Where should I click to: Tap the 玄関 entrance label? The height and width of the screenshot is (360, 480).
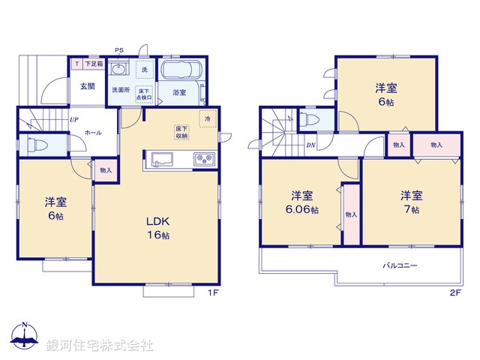(x=87, y=86)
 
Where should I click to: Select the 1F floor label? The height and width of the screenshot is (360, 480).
(x=213, y=292)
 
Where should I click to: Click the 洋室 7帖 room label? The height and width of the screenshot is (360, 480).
(x=410, y=202)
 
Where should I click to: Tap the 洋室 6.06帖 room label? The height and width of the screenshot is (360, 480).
(x=301, y=203)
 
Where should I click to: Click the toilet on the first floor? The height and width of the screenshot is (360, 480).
(x=34, y=145)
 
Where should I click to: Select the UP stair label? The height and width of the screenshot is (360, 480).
(x=74, y=119)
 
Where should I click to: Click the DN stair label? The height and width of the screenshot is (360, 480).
(x=310, y=145)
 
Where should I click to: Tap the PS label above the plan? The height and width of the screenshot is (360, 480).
(x=118, y=51)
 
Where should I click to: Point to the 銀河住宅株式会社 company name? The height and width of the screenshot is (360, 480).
(x=100, y=346)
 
